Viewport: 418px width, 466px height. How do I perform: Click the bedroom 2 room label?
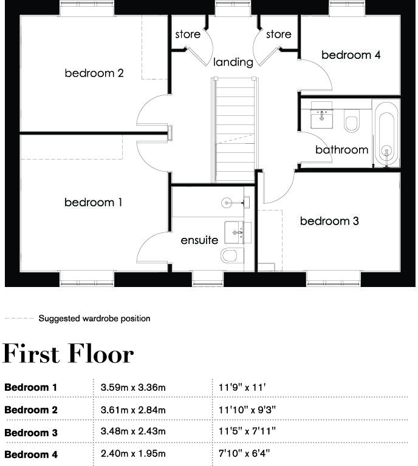(x=94, y=73)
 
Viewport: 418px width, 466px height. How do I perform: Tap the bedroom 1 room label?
(x=93, y=203)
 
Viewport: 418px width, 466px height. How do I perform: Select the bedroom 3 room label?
(x=329, y=221)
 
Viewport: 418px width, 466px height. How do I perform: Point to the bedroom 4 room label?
(x=351, y=55)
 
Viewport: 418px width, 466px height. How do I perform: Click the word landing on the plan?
(x=233, y=62)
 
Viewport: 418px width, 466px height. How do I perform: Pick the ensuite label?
(x=199, y=240)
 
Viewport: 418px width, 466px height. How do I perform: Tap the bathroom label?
(x=341, y=149)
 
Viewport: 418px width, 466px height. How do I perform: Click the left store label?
(x=188, y=35)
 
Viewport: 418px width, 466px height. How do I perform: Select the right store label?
(x=278, y=35)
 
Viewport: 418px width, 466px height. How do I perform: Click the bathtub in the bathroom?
(x=386, y=133)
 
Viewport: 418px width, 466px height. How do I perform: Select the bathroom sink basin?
(x=321, y=116)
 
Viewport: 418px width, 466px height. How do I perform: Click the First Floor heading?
(x=68, y=354)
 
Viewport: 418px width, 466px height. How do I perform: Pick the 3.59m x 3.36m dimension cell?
(x=133, y=387)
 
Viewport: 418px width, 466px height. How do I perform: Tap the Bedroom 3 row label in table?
(x=31, y=433)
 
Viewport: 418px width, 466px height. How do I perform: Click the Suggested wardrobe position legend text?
(x=94, y=319)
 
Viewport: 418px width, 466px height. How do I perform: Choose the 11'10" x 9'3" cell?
(x=247, y=410)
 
